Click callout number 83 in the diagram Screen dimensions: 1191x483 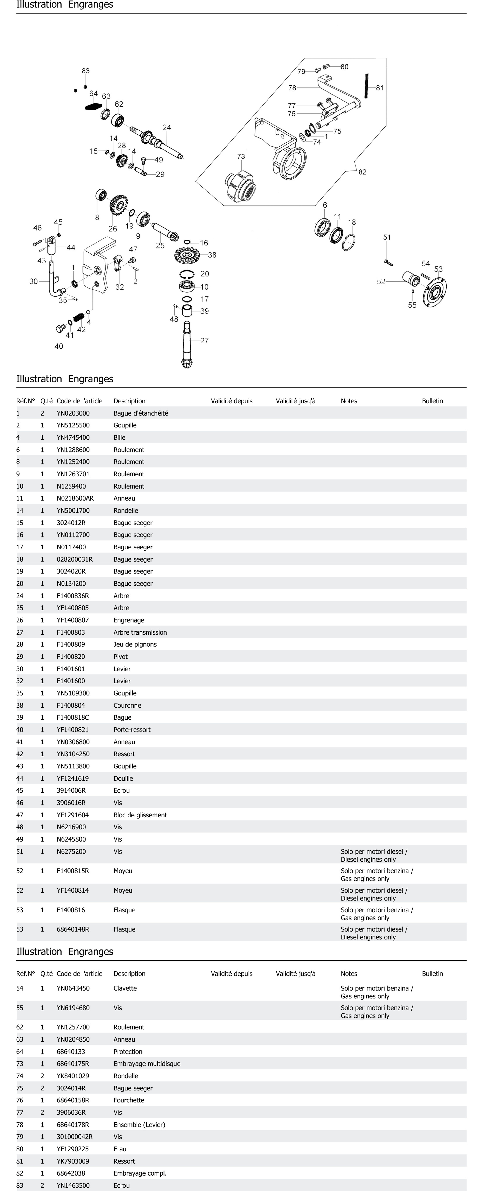pos(85,71)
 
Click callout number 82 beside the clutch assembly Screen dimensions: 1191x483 pos(362,172)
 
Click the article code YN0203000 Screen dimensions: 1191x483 pos(73,413)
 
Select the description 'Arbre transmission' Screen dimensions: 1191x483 pos(140,632)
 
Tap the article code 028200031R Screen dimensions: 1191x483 pos(74,559)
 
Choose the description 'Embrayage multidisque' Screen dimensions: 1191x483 pos(147,1063)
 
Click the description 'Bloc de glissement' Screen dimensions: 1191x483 pos(140,815)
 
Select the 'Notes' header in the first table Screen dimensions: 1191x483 pos(349,401)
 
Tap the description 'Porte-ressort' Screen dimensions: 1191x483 pos(132,730)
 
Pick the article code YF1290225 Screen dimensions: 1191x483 pos(73,1148)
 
